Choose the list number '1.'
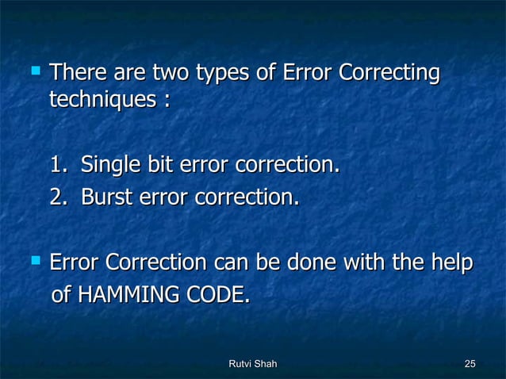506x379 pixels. pyautogui.click(x=60, y=166)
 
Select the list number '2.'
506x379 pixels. pyautogui.click(x=60, y=195)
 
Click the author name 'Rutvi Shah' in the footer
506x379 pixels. pyautogui.click(x=252, y=364)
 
